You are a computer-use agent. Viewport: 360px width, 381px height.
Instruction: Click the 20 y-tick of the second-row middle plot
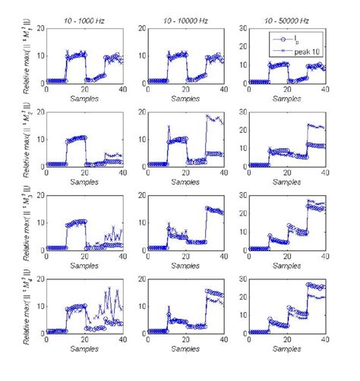[142, 112]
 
